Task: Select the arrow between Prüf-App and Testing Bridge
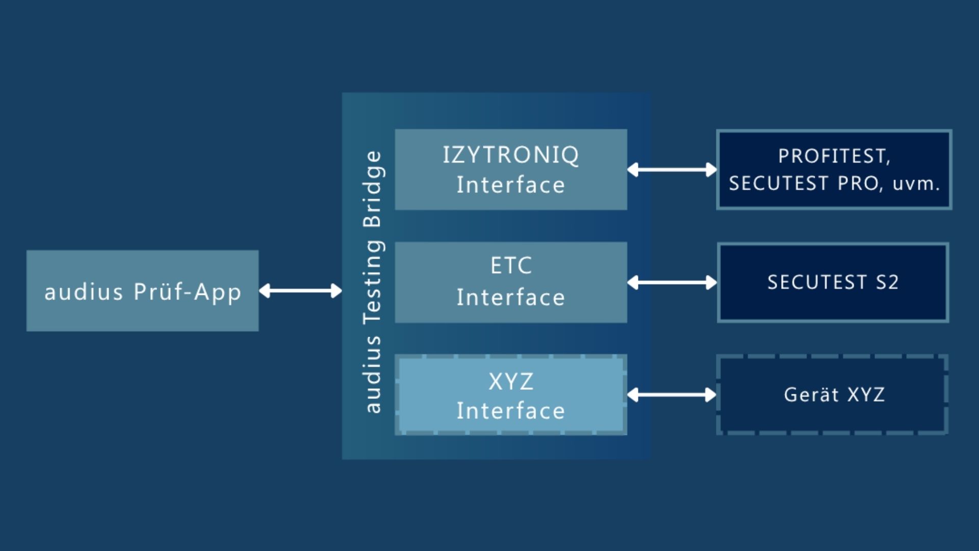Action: point(300,291)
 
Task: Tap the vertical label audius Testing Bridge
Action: point(373,281)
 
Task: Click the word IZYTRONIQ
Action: point(511,155)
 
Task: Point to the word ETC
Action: point(511,265)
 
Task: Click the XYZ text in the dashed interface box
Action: point(511,382)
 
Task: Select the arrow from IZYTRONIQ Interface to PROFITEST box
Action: point(672,169)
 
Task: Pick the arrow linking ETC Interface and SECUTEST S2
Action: point(672,282)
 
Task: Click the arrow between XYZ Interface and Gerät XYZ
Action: point(672,394)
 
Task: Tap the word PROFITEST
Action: point(833,156)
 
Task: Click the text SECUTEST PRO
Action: point(805,183)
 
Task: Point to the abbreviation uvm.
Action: point(916,184)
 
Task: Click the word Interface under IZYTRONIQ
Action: point(511,185)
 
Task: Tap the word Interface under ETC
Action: point(511,297)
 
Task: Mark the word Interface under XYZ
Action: point(511,411)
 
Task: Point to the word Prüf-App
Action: point(187,292)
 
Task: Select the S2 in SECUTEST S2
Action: point(887,282)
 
